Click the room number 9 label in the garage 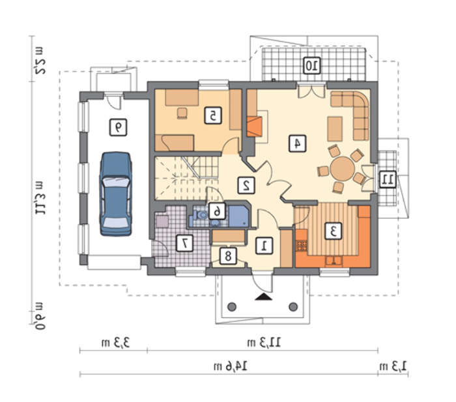pyautogui.click(x=118, y=128)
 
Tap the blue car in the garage pyautogui.click(x=116, y=194)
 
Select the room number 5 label pyautogui.click(x=213, y=115)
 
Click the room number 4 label pyautogui.click(x=297, y=143)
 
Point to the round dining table pyautogui.click(x=343, y=169)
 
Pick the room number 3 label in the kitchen pyautogui.click(x=333, y=231)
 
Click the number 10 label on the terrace pyautogui.click(x=312, y=65)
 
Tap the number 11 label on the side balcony pyautogui.click(x=388, y=179)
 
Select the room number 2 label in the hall pyautogui.click(x=246, y=185)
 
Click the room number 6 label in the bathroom pyautogui.click(x=217, y=211)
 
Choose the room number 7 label pyautogui.click(x=184, y=243)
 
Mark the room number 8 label pyautogui.click(x=228, y=256)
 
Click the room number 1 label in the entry pyautogui.click(x=264, y=246)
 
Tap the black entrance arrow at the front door pyautogui.click(x=263, y=296)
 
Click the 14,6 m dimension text pyautogui.click(x=231, y=366)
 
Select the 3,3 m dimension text pyautogui.click(x=115, y=342)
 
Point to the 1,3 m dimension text pyautogui.click(x=393, y=366)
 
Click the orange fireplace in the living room pyautogui.click(x=255, y=126)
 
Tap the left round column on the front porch pyautogui.click(x=232, y=307)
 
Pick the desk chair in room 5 pyautogui.click(x=182, y=113)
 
